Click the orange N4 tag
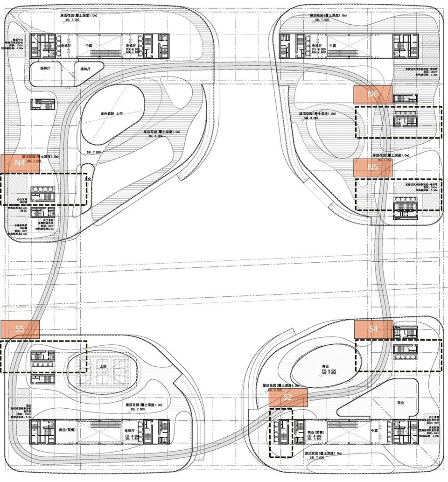click(20, 163)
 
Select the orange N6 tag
click(372, 94)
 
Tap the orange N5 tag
click(372, 167)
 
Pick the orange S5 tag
click(20, 328)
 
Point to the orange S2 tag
click(288, 398)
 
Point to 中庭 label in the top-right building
click(333, 46)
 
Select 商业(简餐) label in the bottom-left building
click(68, 430)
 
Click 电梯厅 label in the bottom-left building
click(130, 430)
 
